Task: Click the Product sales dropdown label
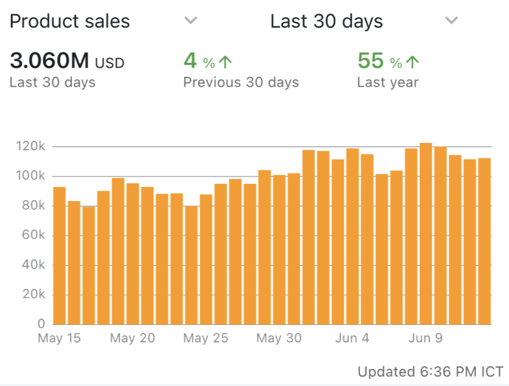point(70,21)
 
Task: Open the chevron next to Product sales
point(191,21)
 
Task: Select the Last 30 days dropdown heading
point(327,21)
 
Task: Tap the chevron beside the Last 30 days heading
point(452,21)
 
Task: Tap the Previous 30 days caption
point(241,82)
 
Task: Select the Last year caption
point(388,82)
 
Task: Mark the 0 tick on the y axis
point(42,324)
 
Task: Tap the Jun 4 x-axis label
point(352,338)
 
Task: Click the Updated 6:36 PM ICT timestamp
point(430,371)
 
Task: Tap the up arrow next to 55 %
point(413,62)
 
